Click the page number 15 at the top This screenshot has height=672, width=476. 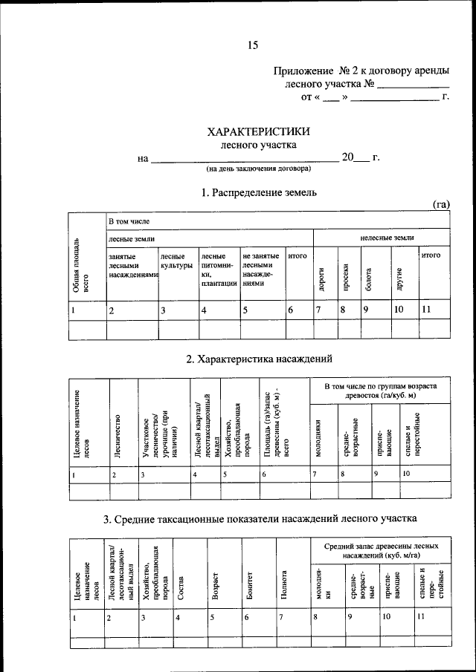coord(252,45)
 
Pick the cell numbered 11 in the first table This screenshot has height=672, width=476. coord(426,309)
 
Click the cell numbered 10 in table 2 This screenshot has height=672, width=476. coord(406,472)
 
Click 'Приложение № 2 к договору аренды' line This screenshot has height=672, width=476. coord(361,71)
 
